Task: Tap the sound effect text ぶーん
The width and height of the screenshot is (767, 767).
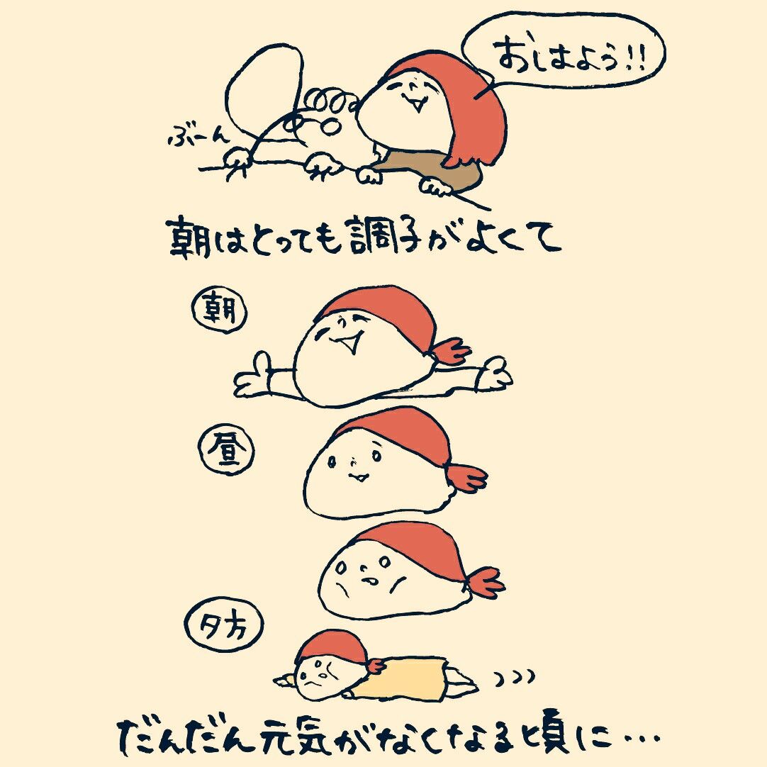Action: coord(195,137)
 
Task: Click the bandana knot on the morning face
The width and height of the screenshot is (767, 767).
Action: coord(448,350)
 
